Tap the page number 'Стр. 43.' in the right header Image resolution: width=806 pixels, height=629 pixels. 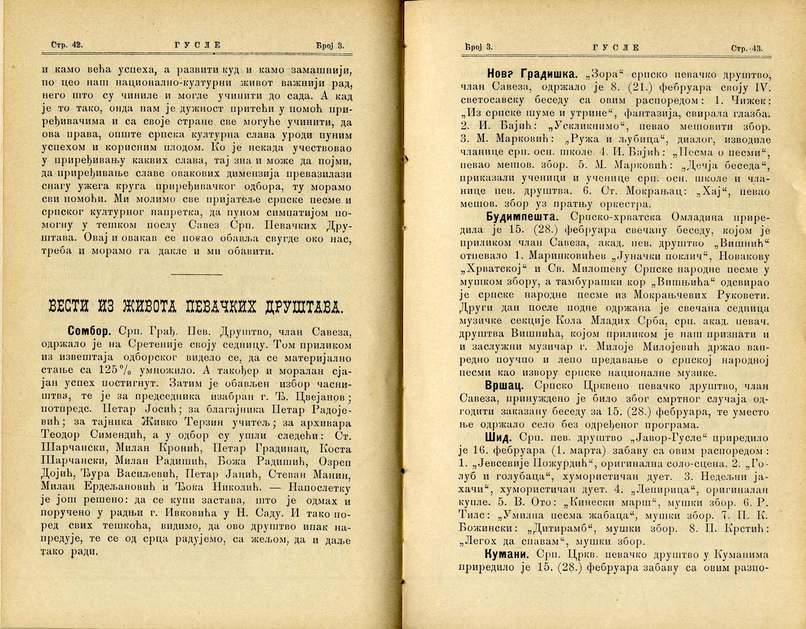coord(747,49)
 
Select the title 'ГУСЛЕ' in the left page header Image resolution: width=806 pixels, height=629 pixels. coord(198,45)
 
